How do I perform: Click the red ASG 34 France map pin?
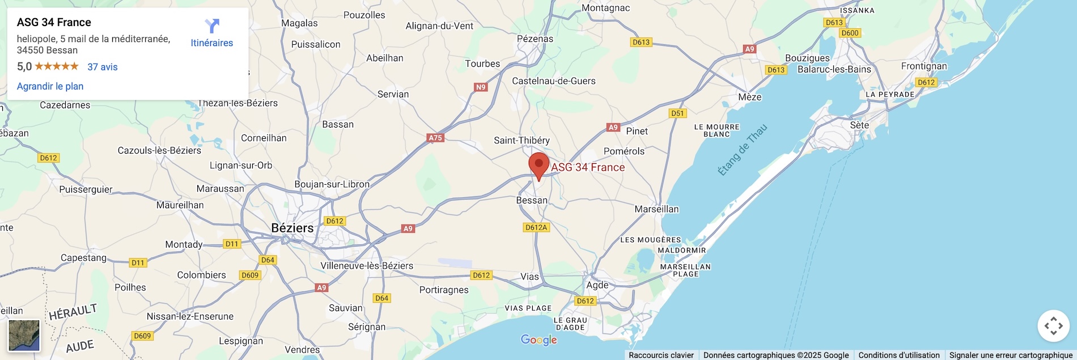coord(538,165)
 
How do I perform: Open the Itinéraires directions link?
coord(211,33)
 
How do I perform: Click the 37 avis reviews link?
coord(102,67)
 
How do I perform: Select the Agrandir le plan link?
coord(50,86)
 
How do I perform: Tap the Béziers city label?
coord(292,228)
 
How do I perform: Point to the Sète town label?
coord(859,125)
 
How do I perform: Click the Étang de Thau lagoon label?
coord(742,150)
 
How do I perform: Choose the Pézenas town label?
coord(535,39)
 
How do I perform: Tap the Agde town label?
coord(597,285)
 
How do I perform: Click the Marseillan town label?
coord(656,209)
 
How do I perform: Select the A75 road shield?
coord(435,138)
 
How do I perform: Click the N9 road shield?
coord(481,87)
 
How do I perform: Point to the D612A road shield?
coord(536,227)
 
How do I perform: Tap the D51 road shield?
coord(677,113)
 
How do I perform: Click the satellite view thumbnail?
coord(24,335)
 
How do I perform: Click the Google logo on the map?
coord(538,340)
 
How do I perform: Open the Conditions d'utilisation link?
coord(898,355)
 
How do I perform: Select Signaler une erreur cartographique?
coord(1011,355)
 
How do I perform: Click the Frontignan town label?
coord(923,66)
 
